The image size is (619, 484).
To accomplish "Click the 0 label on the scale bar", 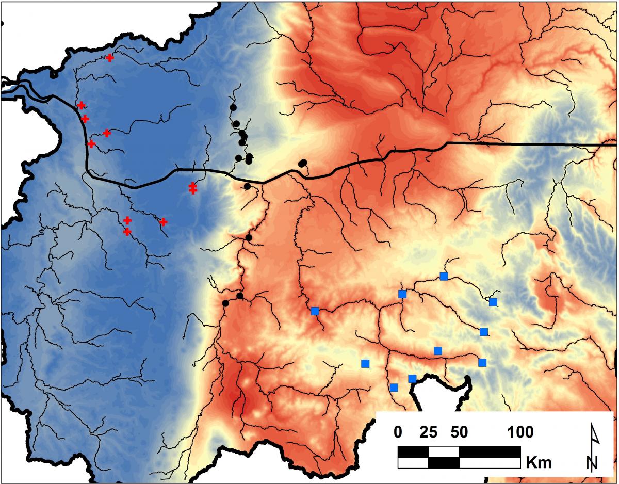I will point(398,431).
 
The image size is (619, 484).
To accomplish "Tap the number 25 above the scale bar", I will point(429,431).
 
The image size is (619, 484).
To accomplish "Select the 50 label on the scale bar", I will point(459,431).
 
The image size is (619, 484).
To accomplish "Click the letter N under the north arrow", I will point(593,462).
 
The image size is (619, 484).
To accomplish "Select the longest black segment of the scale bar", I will point(490,452).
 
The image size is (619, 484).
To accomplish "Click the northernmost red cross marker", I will point(110,58).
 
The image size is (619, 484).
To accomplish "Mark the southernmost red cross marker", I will point(127,232).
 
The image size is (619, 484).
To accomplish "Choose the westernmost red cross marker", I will point(81,105).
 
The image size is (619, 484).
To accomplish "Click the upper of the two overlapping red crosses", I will point(192,186).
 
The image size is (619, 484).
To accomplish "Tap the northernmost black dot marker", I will point(233,107).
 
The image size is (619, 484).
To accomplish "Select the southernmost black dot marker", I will point(225,303).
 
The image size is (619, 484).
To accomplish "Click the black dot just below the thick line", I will point(247,186).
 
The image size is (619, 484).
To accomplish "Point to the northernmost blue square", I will point(444,276).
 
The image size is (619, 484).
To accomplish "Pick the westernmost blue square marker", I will point(315,311).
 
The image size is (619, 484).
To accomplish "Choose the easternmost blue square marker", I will point(493,302).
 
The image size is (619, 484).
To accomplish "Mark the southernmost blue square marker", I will point(394,388).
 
